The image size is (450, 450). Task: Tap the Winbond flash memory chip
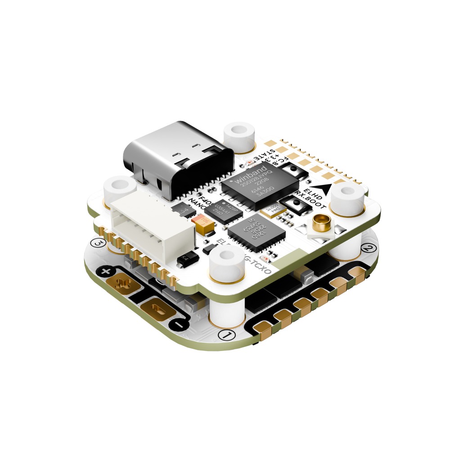click(x=260, y=188)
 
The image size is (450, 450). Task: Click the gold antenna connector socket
click(x=321, y=222)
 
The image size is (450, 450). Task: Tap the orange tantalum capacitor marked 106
click(x=201, y=225)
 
